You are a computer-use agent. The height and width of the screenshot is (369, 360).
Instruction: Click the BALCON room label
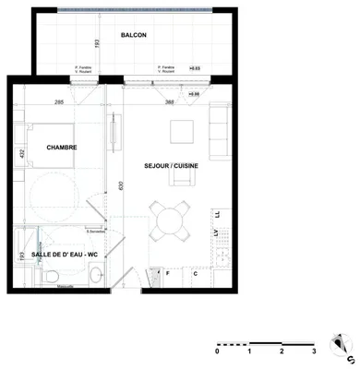click(134, 36)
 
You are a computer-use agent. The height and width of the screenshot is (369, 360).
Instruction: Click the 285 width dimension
click(59, 102)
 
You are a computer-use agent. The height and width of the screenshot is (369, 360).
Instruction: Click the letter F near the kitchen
click(168, 274)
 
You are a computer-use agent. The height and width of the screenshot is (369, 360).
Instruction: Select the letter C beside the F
click(196, 274)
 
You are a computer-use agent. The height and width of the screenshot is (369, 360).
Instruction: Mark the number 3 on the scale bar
click(315, 351)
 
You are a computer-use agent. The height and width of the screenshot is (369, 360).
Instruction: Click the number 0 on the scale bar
click(218, 351)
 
